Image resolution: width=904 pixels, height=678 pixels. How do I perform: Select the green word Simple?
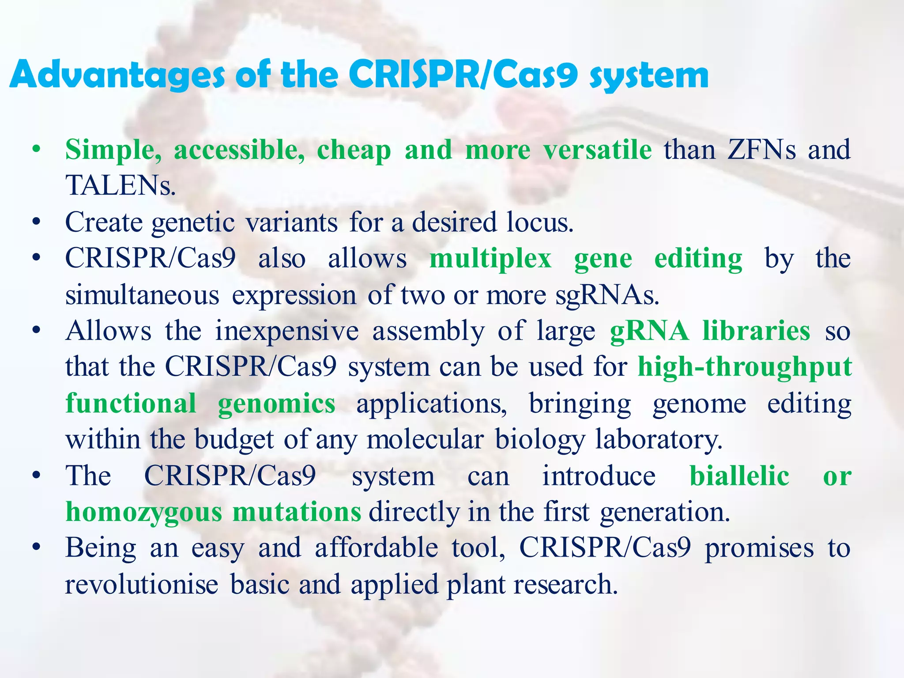tap(113, 150)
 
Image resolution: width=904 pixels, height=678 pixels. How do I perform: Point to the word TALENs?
tap(120, 185)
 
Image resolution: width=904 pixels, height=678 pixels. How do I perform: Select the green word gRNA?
tap(649, 331)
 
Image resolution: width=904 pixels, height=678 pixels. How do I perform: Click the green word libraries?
tap(756, 331)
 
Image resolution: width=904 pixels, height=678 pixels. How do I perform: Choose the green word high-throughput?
tap(745, 367)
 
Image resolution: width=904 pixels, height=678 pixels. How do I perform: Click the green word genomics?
tap(276, 404)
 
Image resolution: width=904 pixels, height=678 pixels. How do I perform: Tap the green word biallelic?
tap(739, 476)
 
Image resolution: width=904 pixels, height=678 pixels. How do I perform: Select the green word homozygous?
tap(143, 513)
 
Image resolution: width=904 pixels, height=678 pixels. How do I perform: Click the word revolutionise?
tap(141, 584)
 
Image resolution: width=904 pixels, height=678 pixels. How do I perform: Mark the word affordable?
tap(376, 548)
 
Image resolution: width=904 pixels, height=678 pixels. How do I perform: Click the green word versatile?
tap(597, 150)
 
